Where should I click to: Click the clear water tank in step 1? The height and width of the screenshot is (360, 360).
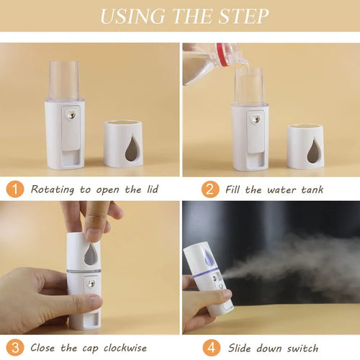point(64,80)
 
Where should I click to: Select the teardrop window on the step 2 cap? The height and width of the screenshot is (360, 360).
point(314,150)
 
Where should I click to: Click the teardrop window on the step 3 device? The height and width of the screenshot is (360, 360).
point(91,254)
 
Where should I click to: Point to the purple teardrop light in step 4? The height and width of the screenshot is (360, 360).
point(208,256)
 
